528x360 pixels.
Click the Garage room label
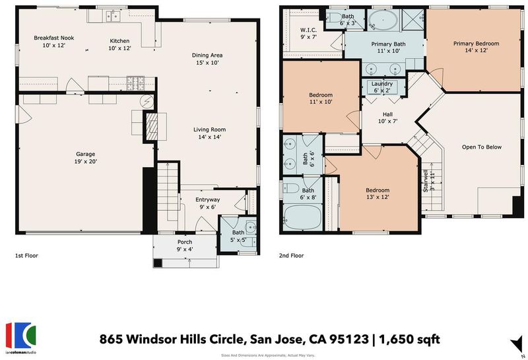click(x=86, y=155)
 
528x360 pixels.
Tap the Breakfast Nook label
click(x=54, y=38)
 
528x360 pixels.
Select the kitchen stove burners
click(x=135, y=83)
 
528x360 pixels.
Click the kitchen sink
click(x=113, y=16)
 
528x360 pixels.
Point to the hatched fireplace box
click(x=152, y=126)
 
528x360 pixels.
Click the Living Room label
click(x=209, y=129)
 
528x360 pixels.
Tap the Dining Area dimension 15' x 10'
click(x=207, y=63)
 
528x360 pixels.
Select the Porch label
click(x=185, y=242)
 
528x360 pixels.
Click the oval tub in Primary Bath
click(x=383, y=20)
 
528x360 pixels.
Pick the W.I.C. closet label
click(x=308, y=30)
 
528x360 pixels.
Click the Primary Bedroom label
click(x=476, y=43)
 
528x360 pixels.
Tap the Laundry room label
click(x=382, y=84)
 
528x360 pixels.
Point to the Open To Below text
click(x=482, y=147)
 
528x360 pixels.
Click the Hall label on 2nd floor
click(x=387, y=114)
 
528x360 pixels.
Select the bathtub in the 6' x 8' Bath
click(x=302, y=217)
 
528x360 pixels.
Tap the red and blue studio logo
click(x=20, y=336)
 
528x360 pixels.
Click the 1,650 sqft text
click(x=409, y=339)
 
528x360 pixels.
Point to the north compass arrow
click(x=517, y=345)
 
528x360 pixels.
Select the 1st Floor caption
click(x=26, y=256)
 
